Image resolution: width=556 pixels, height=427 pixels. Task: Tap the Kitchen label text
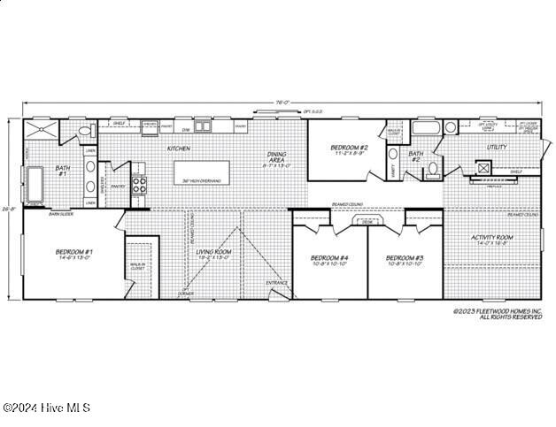179,149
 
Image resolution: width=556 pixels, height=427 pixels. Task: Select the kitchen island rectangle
209,171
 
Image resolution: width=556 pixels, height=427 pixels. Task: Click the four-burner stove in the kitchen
139,185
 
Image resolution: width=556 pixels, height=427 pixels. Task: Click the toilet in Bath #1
84,133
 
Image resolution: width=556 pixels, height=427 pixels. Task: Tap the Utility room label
496,147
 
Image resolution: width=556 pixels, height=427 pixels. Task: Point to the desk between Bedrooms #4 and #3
367,223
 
